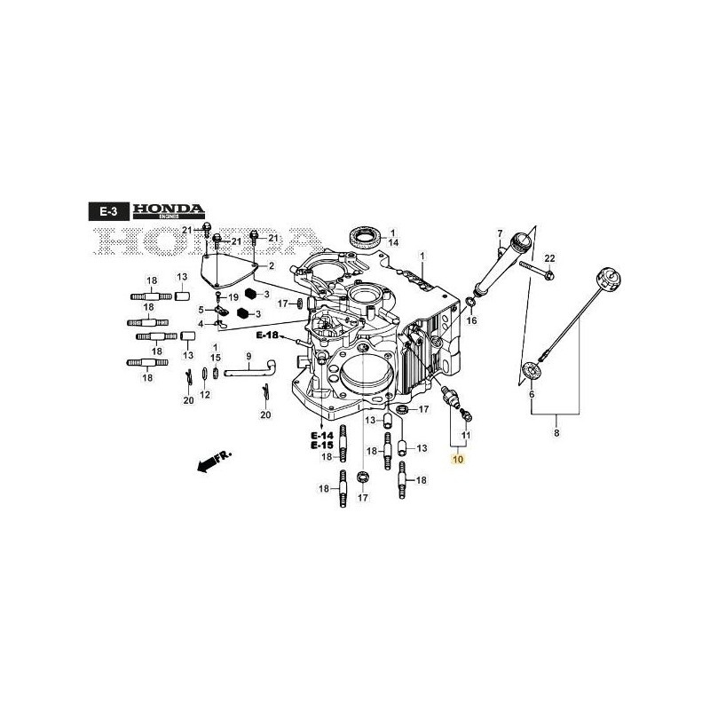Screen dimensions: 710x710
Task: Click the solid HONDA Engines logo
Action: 169,210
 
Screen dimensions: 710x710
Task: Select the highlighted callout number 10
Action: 457,459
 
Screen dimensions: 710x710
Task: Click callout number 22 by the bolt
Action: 549,258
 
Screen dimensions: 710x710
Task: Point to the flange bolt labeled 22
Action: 535,269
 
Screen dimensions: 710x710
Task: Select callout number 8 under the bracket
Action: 556,433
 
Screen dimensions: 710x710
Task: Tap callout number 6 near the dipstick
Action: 531,394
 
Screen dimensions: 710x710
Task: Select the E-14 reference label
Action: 320,436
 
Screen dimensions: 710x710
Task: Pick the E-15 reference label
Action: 320,446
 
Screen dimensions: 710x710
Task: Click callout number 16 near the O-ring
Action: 471,320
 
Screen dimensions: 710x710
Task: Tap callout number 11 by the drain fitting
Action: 467,436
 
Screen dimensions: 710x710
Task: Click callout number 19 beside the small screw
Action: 234,296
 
